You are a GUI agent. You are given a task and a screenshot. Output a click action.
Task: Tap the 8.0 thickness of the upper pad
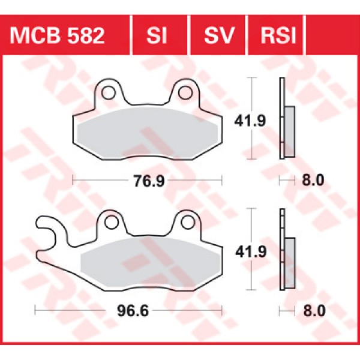(x=314, y=179)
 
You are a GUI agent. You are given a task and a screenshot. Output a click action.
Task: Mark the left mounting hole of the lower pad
(x=110, y=223)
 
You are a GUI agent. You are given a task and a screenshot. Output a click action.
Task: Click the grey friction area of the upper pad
(x=147, y=133)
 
